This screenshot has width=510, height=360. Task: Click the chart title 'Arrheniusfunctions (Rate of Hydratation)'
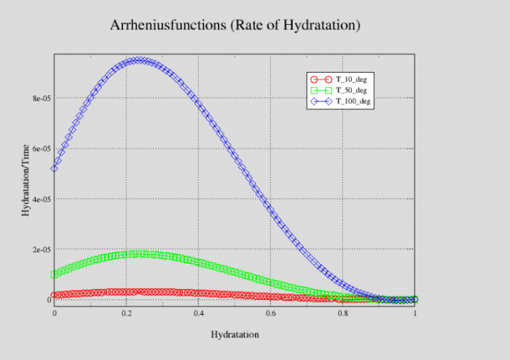pyautogui.click(x=235, y=26)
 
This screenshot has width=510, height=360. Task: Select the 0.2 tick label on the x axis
pyautogui.click(x=126, y=313)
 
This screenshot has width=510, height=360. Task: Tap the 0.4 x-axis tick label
pyautogui.click(x=198, y=313)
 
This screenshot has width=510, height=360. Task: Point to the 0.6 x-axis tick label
pyautogui.click(x=270, y=313)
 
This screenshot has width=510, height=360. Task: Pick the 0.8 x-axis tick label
pyautogui.click(x=342, y=313)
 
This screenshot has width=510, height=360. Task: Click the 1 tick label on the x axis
pyautogui.click(x=415, y=313)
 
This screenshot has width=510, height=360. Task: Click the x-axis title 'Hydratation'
pyautogui.click(x=235, y=334)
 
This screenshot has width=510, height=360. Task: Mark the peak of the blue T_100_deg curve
pyautogui.click(x=139, y=60)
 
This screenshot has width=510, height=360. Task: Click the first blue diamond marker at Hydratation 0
pyautogui.click(x=54, y=168)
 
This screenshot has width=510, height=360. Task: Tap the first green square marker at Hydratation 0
pyautogui.click(x=54, y=275)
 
